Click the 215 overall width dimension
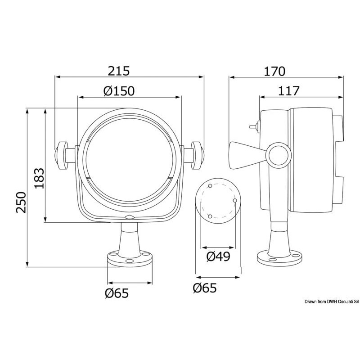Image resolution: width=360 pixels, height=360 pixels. click(119, 71)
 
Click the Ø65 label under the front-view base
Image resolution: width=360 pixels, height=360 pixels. click(117, 293)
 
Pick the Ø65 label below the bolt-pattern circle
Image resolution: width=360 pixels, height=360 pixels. click(205, 288)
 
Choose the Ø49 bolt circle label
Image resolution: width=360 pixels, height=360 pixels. click(218, 257)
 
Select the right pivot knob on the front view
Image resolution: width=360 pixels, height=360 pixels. click(197, 155)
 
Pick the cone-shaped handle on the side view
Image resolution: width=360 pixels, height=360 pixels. click(246, 155)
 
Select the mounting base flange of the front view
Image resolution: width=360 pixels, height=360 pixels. click(130, 260)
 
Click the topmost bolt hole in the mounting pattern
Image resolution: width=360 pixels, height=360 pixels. click(210, 185)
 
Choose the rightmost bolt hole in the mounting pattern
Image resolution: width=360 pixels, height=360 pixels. click(235, 200)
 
